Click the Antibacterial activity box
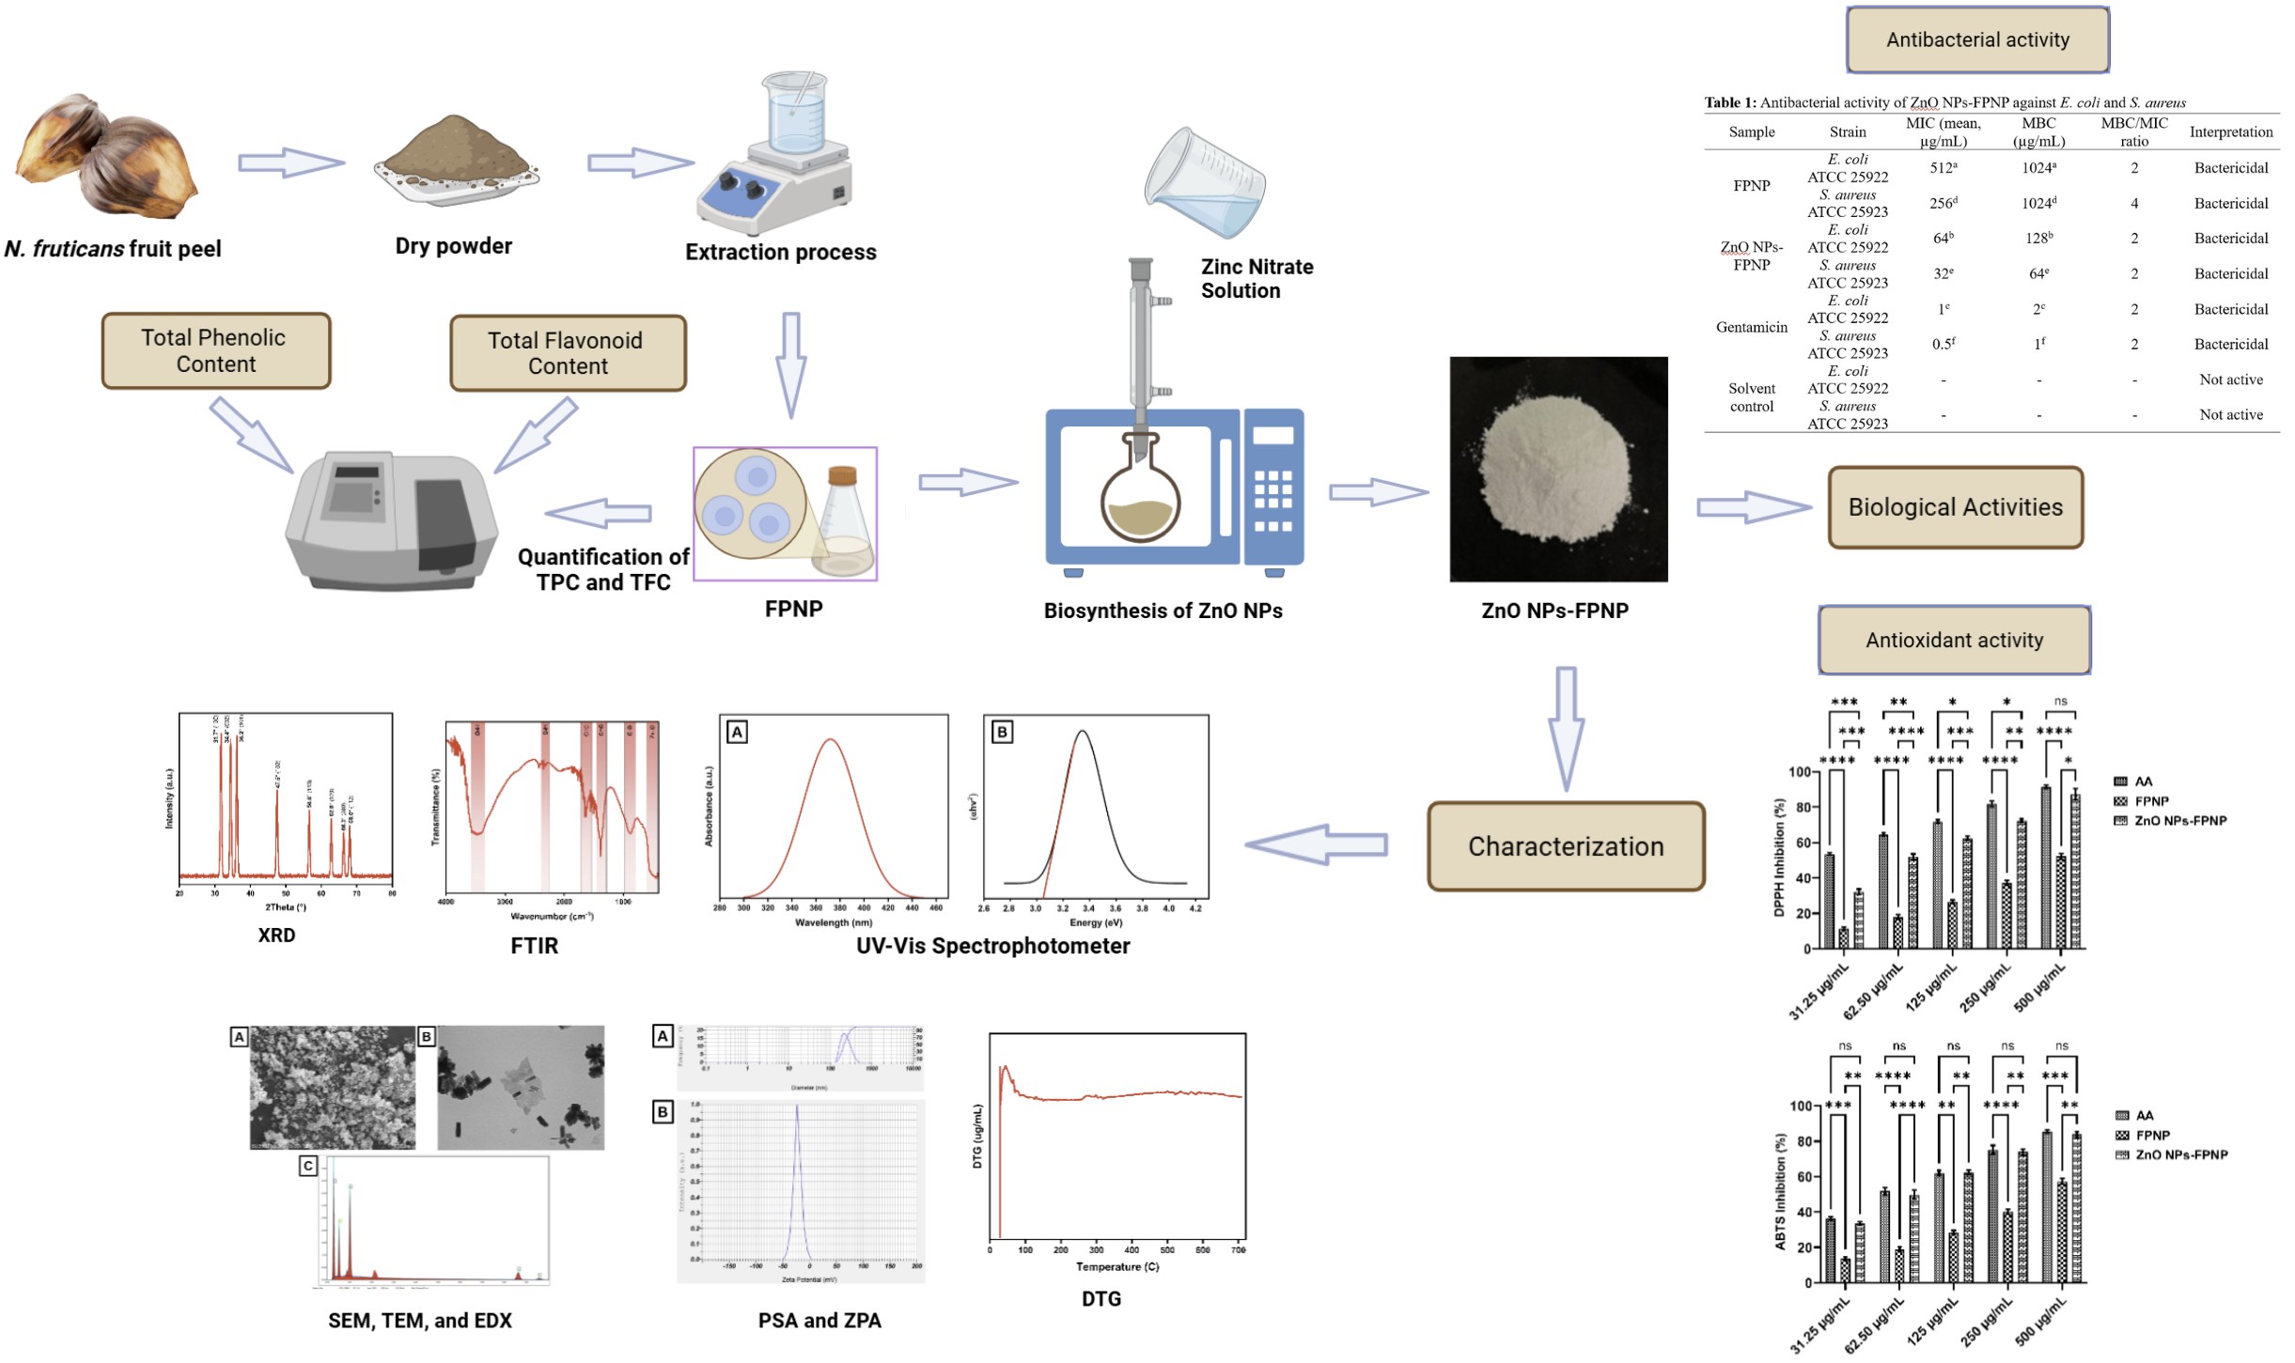tap(1977, 40)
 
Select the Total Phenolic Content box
tap(215, 351)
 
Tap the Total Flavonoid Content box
tap(568, 353)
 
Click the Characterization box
tap(1566, 846)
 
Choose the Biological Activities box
tap(1955, 507)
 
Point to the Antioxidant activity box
tap(1954, 640)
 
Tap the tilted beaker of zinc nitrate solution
tap(1205, 184)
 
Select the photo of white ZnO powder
tap(1558, 469)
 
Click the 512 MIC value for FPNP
tap(1943, 168)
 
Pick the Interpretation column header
tap(2230, 132)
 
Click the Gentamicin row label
tap(1751, 327)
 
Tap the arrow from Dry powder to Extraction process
tap(639, 163)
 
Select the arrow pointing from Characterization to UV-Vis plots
tap(1316, 844)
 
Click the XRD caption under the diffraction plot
tap(276, 936)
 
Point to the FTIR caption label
tap(534, 946)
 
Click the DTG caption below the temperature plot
tap(1101, 1299)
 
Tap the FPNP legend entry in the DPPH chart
tap(2150, 801)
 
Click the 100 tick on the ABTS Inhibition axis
tap(1800, 1106)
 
